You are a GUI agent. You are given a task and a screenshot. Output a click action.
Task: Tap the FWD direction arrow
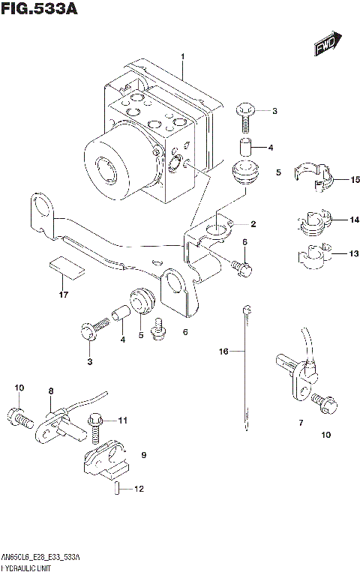click(x=328, y=45)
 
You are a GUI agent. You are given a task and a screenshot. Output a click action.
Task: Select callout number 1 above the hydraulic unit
click(x=182, y=57)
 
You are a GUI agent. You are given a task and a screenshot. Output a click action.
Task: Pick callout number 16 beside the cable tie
click(x=222, y=351)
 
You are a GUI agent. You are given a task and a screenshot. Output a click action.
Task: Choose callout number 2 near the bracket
click(x=253, y=224)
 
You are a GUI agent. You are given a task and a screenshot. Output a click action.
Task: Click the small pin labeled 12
click(x=118, y=489)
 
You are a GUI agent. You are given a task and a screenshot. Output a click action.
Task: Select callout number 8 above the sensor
click(x=51, y=391)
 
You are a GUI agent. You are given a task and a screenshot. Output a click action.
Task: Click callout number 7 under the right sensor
click(x=300, y=423)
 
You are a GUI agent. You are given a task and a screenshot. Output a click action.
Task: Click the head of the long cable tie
click(x=245, y=309)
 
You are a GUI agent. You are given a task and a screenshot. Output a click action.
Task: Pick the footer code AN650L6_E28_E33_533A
click(x=42, y=558)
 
